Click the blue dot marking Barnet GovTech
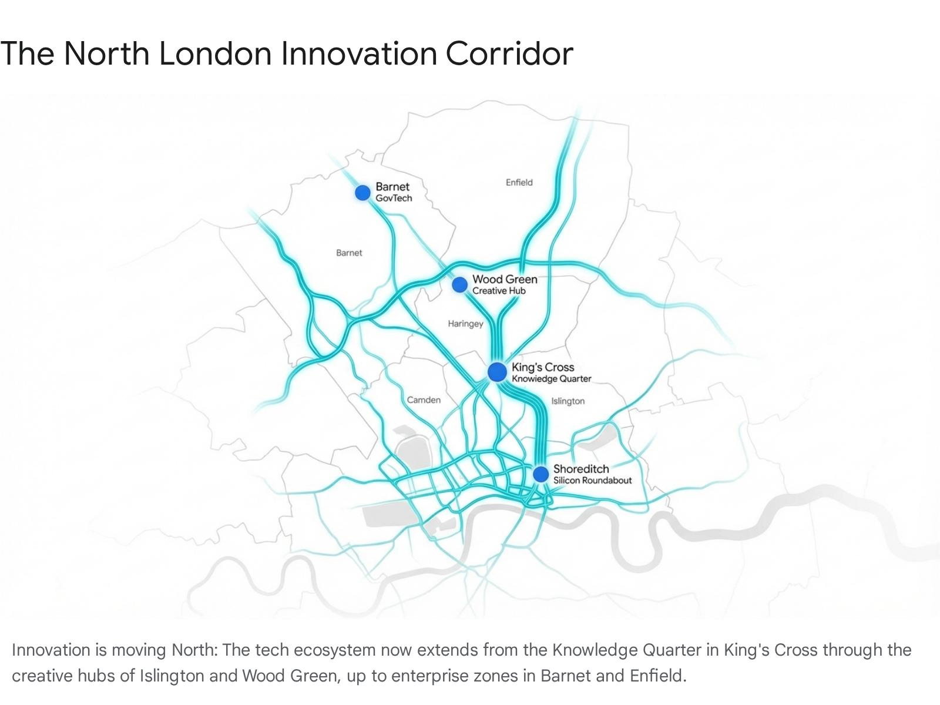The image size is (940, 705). pos(362,192)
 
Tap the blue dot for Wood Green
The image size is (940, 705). pos(459,285)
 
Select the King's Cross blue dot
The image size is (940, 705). pos(497,371)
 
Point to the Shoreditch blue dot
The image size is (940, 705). pos(540,474)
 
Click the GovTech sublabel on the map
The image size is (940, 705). pos(394,199)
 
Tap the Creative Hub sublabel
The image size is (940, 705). pos(499,291)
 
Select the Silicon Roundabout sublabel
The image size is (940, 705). pos(592,481)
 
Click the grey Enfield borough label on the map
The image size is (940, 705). pos(519,183)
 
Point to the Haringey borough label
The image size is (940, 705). pos(465,324)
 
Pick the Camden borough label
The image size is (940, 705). pos(424,400)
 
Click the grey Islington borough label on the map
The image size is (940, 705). pos(568,401)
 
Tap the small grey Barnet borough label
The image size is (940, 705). pos(349,253)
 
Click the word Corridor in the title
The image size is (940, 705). pos(509,53)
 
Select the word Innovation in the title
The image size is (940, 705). pos(358,53)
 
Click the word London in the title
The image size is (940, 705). pos(215,53)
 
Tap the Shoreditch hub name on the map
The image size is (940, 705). pos(581,469)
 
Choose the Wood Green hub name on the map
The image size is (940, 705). pos(505,279)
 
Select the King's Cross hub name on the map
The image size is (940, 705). pos(542,367)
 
